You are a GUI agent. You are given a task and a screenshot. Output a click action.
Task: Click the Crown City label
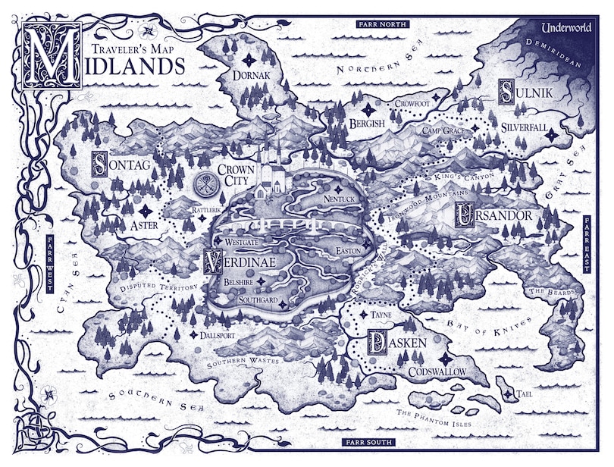[236, 177]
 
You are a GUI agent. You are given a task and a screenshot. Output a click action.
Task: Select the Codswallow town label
[437, 372]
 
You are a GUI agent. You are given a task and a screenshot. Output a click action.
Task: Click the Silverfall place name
[523, 128]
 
